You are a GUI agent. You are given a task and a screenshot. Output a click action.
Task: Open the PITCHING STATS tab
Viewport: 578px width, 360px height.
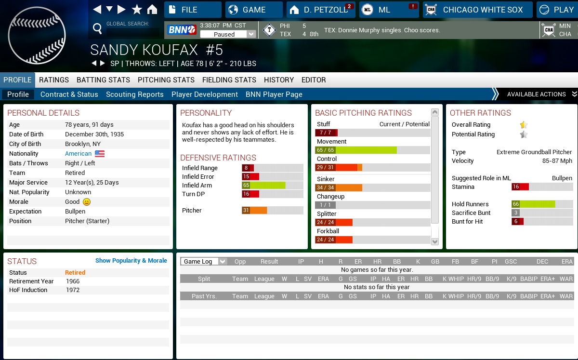click(x=166, y=80)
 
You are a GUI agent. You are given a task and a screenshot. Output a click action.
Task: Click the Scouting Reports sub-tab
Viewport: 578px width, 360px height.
click(x=135, y=94)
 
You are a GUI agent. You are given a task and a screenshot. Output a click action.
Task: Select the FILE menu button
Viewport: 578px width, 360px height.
click(x=193, y=10)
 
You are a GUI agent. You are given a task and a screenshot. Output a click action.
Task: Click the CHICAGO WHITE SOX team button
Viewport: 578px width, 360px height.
click(x=478, y=10)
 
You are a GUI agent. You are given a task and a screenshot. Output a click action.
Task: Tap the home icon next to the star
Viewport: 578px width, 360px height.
click(x=152, y=10)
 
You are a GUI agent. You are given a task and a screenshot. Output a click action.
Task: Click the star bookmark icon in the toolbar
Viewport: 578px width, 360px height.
click(x=137, y=10)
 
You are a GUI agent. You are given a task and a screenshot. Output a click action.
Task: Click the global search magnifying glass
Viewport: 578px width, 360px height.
click(x=97, y=29)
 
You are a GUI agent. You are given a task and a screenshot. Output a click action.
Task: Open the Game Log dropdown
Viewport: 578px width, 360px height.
click(x=203, y=261)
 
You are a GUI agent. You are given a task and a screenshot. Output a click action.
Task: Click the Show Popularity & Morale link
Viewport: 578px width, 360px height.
click(x=131, y=261)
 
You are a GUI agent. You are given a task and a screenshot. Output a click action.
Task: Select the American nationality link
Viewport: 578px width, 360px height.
click(x=78, y=154)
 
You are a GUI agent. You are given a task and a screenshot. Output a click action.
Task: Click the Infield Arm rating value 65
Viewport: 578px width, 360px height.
click(x=246, y=185)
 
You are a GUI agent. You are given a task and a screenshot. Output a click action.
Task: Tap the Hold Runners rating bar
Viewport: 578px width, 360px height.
click(x=533, y=204)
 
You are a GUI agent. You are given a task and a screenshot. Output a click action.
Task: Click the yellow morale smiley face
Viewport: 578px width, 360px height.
click(x=87, y=202)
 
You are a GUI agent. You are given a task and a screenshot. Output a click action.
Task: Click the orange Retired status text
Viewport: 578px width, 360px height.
click(x=75, y=273)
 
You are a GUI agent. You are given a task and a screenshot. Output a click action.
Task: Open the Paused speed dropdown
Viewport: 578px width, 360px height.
click(x=228, y=34)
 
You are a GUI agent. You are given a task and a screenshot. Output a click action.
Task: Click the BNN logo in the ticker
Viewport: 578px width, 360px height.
click(x=182, y=30)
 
